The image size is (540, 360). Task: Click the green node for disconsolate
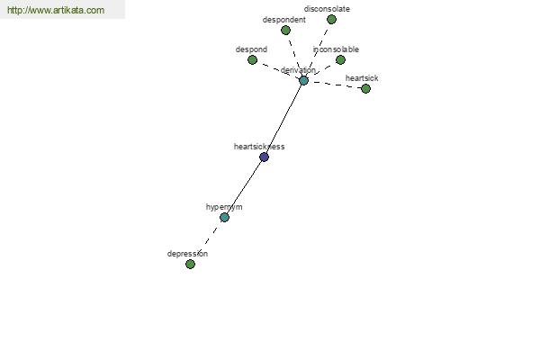tap(331, 20)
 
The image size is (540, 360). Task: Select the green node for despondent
tap(285, 31)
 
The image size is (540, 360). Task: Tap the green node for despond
tap(252, 60)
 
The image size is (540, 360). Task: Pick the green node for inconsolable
tap(340, 60)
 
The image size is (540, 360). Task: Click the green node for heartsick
tap(365, 89)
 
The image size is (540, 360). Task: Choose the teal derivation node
tap(303, 81)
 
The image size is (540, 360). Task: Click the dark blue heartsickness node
tap(264, 157)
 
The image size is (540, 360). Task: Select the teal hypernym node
tap(224, 218)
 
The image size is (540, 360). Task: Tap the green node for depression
tap(190, 265)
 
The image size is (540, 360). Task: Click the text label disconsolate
tap(327, 9)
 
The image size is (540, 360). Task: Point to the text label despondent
tap(284, 20)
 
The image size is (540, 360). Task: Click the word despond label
tap(251, 49)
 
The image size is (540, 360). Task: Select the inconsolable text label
tap(336, 49)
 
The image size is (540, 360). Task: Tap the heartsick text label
tap(362, 78)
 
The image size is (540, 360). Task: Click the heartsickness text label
tap(259, 147)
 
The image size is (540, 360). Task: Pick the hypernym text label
tap(224, 207)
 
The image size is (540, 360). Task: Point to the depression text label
tap(187, 254)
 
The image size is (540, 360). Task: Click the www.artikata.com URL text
tap(56, 10)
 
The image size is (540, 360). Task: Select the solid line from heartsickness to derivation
tap(283, 119)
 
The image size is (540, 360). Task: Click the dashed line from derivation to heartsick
tap(336, 85)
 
